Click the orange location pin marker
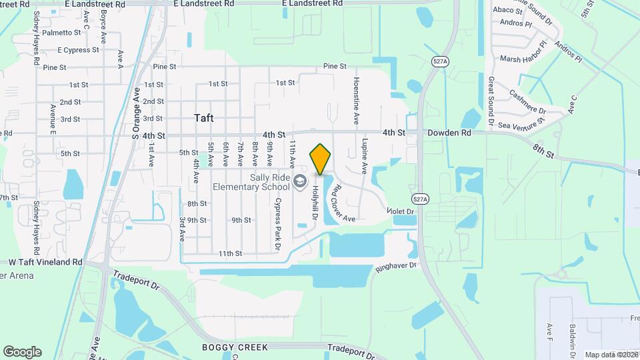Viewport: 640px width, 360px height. pyautogui.click(x=321, y=160)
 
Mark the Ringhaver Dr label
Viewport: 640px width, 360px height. pyautogui.click(x=395, y=266)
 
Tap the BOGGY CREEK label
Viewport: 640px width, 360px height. pyautogui.click(x=235, y=347)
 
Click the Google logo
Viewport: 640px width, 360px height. pyautogui.click(x=22, y=352)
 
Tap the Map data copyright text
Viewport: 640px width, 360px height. pyautogui.click(x=611, y=355)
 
